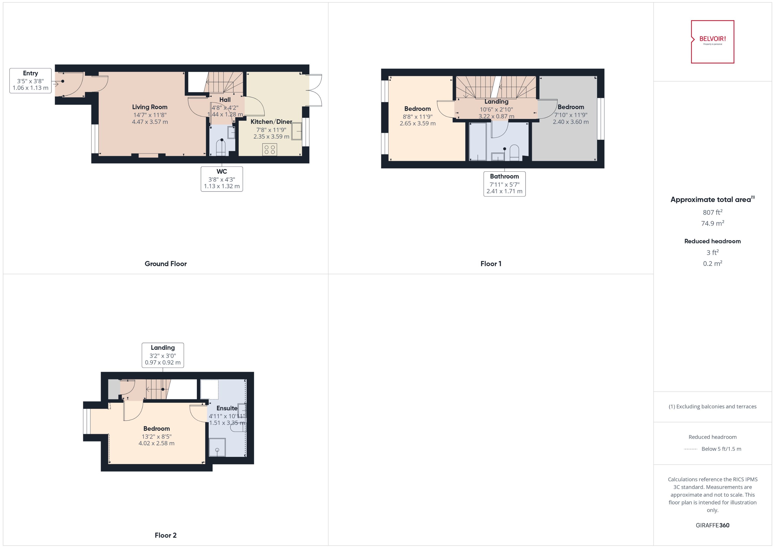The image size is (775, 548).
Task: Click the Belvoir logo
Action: [x=712, y=42]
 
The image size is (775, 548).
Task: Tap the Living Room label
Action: [x=150, y=107]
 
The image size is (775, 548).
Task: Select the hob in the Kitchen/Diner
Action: [x=269, y=149]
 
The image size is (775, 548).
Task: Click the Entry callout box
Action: [x=30, y=81]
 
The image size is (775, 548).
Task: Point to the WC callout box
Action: [x=222, y=179]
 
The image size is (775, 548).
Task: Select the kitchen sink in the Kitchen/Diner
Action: [x=297, y=131]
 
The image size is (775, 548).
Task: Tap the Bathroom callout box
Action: [x=504, y=184]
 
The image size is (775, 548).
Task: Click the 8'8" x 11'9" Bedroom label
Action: [x=417, y=109]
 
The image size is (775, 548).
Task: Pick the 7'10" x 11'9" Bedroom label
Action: [x=571, y=107]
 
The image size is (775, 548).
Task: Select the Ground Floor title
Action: [x=166, y=264]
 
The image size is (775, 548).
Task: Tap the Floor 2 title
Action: [x=166, y=535]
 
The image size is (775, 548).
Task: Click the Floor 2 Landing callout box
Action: [x=162, y=355]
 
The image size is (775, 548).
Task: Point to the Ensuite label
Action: [x=227, y=408]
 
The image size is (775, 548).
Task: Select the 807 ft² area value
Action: [x=712, y=212]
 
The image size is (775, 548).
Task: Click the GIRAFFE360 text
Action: [x=712, y=525]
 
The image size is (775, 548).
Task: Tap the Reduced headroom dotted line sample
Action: [x=690, y=449]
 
